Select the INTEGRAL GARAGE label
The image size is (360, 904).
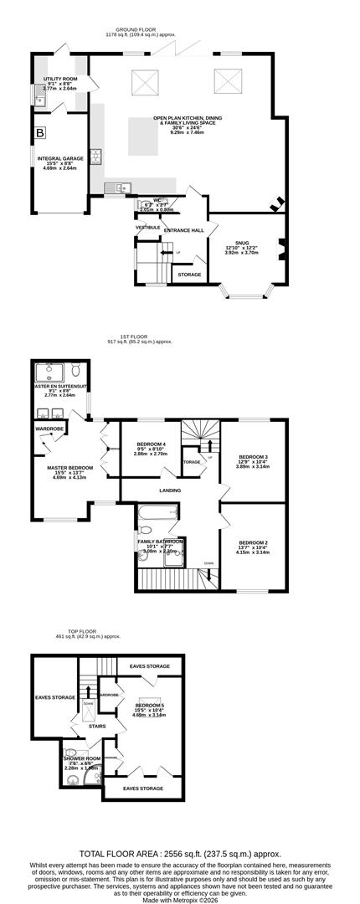pos(59,157)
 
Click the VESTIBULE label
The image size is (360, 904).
pos(147,227)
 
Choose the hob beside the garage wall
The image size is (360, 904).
pos(95,156)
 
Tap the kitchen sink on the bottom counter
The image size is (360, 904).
pos(116,187)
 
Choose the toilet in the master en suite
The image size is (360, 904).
pos(75,370)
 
